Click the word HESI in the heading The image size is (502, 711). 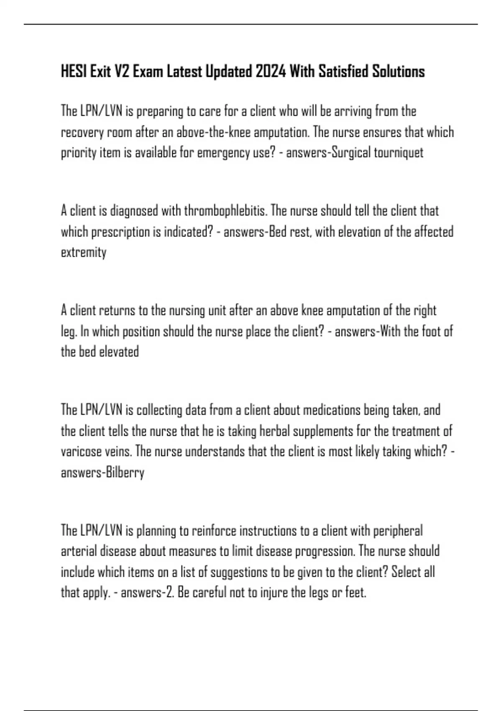74,72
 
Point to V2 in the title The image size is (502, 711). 122,72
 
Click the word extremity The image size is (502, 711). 84,253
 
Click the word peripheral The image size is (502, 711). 397,531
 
